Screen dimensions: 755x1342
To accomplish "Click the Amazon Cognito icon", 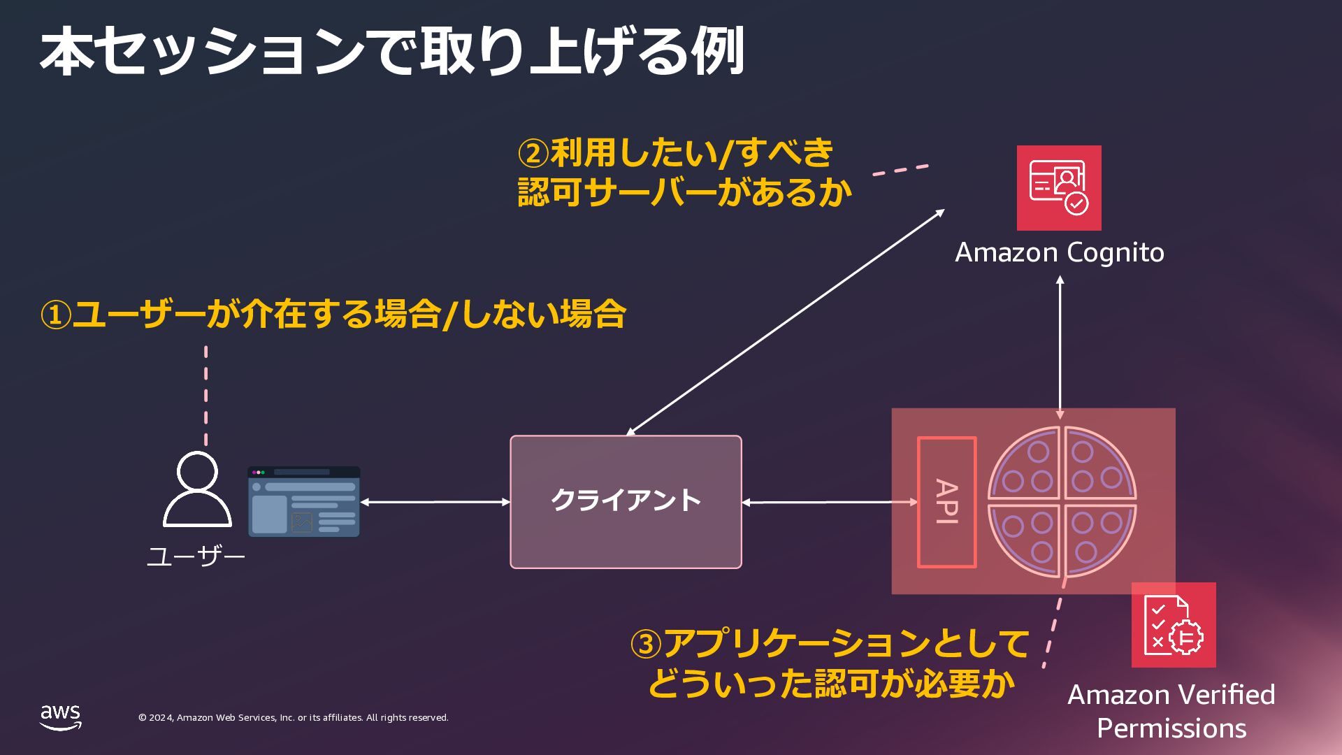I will pyautogui.click(x=1059, y=188).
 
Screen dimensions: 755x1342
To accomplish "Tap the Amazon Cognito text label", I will pyautogui.click(x=1060, y=252).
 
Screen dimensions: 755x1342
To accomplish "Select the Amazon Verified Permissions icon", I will pyautogui.click(x=1174, y=625).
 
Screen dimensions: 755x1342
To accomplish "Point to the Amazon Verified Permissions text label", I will pyautogui.click(x=1171, y=711).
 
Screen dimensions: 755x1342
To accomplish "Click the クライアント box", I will pyautogui.click(x=626, y=501).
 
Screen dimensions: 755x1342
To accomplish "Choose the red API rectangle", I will pyautogui.click(x=946, y=502).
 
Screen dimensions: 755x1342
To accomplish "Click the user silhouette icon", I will pyautogui.click(x=197, y=489).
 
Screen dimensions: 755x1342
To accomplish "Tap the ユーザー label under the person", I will pyautogui.click(x=196, y=557).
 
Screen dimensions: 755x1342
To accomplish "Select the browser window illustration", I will pyautogui.click(x=304, y=502).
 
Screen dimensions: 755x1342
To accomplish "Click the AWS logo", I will pyautogui.click(x=60, y=717).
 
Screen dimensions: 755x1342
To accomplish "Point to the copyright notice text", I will pyautogui.click(x=294, y=718).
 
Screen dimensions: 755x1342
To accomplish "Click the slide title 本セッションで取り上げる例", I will pyautogui.click(x=391, y=52).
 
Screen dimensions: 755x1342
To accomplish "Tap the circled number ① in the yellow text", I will pyautogui.click(x=56, y=315).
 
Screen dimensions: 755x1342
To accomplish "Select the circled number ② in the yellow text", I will pyautogui.click(x=533, y=153).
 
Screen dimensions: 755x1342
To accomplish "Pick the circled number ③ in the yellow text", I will pyautogui.click(x=645, y=644).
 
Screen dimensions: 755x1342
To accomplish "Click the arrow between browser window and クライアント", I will pyautogui.click(x=435, y=502).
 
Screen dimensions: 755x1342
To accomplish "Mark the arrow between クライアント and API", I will pyautogui.click(x=829, y=502).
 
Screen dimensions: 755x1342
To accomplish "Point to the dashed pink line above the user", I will pyautogui.click(x=205, y=395).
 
